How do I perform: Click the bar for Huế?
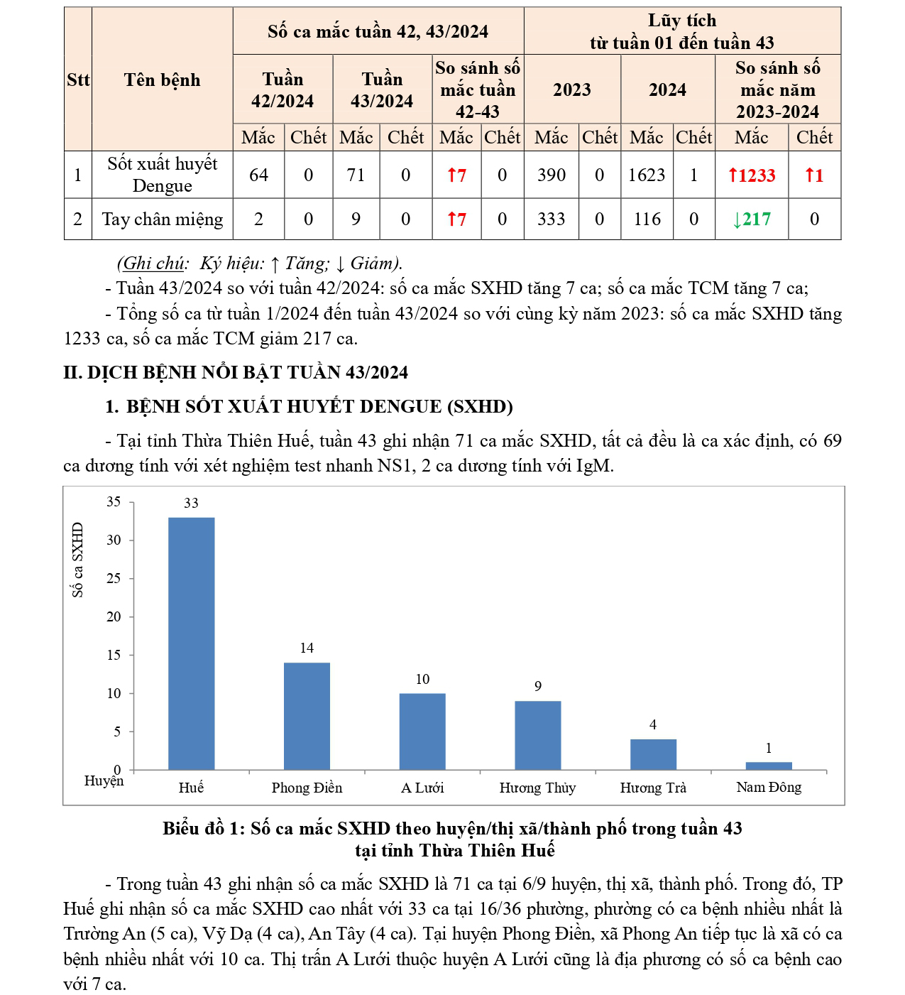[x=191, y=643]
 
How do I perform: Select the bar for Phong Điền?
[x=307, y=716]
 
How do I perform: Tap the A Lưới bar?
[x=422, y=732]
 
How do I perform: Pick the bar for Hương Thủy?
[x=537, y=735]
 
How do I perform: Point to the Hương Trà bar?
[x=653, y=754]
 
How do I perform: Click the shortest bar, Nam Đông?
[x=769, y=766]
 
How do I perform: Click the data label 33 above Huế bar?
[x=191, y=504]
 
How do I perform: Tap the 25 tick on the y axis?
[x=114, y=579]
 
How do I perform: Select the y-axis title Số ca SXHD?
[x=77, y=560]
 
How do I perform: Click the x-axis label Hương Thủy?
[x=537, y=788]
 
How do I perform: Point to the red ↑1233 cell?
[x=751, y=175]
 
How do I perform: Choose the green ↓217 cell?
[x=751, y=219]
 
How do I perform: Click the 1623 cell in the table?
[x=646, y=175]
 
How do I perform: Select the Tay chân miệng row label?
[x=162, y=219]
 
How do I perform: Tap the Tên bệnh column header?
[x=162, y=80]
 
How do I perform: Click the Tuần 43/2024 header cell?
[x=382, y=90]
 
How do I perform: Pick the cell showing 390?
[x=552, y=175]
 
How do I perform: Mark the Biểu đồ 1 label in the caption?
[x=203, y=828]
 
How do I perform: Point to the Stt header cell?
[x=78, y=80]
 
